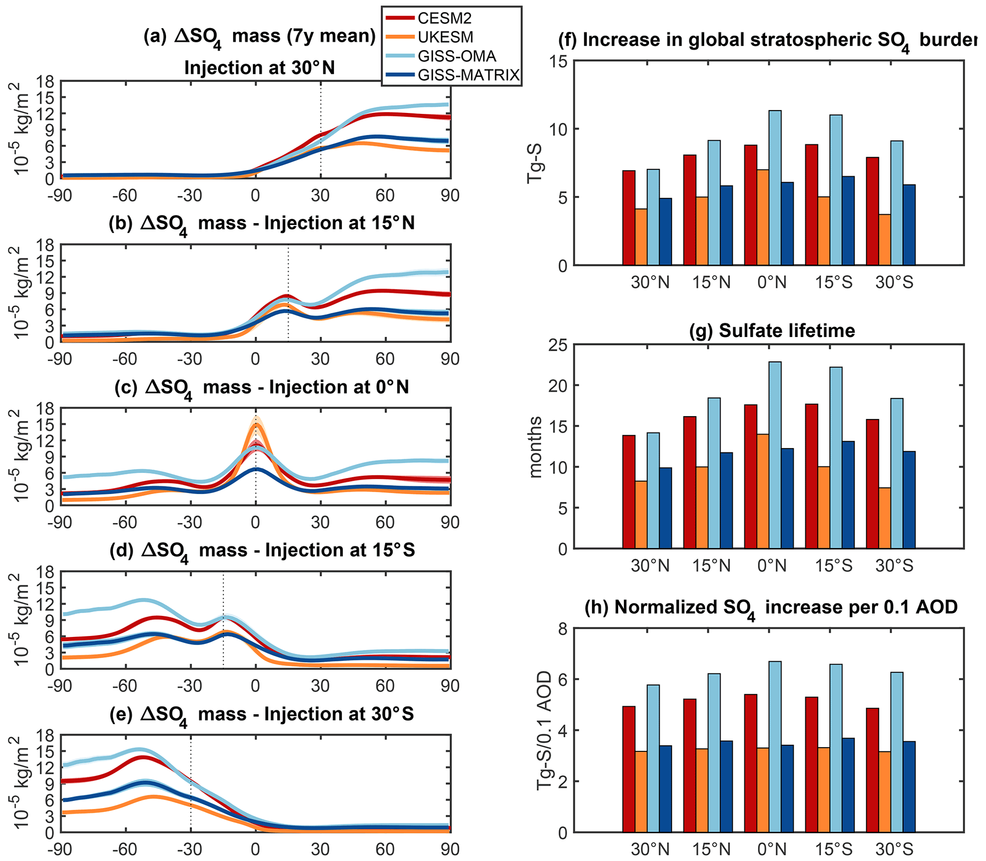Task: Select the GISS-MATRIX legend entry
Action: tap(468, 75)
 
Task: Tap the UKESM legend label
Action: tap(445, 37)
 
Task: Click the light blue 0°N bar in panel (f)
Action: tap(775, 187)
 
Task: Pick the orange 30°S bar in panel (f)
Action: tap(884, 239)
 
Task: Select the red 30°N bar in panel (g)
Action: tap(629, 492)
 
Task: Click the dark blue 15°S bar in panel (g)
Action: tap(848, 494)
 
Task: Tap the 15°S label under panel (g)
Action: tap(833, 566)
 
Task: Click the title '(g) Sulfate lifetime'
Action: tap(772, 330)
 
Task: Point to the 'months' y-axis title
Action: tap(535, 447)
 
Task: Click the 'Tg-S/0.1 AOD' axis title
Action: tap(544, 730)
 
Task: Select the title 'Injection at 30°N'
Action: tap(259, 68)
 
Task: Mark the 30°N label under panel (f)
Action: tap(650, 283)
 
